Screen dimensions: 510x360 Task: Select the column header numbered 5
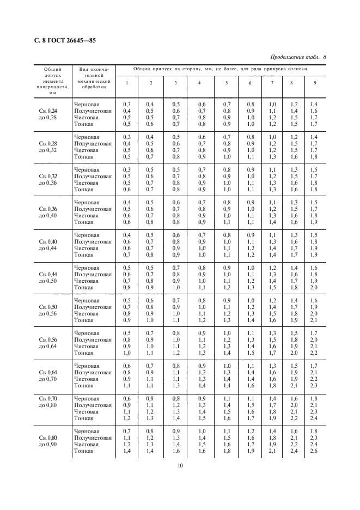227,82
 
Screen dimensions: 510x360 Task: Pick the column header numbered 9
314,82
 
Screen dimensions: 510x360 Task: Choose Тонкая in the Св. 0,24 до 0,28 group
84,124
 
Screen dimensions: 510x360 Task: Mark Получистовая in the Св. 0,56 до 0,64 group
93,339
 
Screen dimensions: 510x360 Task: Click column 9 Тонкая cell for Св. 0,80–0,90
314,451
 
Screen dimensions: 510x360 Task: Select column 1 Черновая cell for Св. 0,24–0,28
127,104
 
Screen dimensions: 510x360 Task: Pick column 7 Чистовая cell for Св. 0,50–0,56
272,313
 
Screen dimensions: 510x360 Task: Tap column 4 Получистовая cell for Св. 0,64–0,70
202,372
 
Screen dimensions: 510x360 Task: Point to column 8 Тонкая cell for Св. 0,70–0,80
294,418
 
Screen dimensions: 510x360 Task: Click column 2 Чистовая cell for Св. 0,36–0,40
151,215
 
